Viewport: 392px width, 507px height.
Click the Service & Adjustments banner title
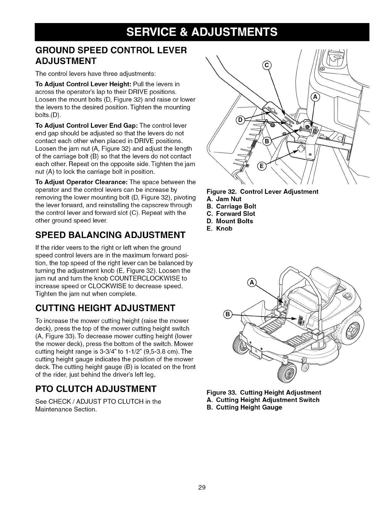point(196,32)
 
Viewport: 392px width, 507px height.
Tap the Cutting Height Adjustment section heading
point(105,308)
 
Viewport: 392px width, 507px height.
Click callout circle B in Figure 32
point(266,142)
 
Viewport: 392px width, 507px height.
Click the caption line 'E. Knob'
point(219,229)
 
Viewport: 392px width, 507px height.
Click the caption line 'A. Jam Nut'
point(224,199)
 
